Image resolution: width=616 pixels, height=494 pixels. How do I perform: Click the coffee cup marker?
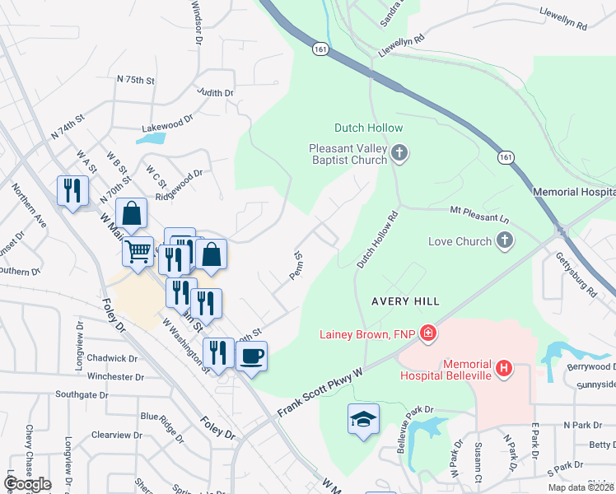tap(251, 357)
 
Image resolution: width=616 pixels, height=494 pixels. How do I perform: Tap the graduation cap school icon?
tap(362, 418)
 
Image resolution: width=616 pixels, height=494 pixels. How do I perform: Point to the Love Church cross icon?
tap(505, 241)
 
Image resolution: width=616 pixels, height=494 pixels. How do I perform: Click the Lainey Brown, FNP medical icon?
tap(427, 333)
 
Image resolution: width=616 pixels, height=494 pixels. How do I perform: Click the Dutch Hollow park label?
tap(368, 128)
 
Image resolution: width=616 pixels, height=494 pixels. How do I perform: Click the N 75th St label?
tap(136, 80)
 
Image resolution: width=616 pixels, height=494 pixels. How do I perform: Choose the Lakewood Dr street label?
tap(166, 119)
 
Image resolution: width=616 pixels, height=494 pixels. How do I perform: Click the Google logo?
tap(27, 483)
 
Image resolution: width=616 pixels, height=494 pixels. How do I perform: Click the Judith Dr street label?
tap(216, 93)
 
